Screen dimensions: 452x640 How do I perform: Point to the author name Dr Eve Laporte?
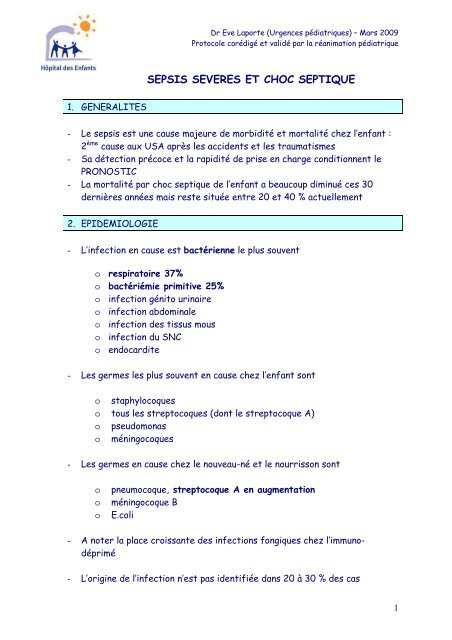point(236,25)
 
